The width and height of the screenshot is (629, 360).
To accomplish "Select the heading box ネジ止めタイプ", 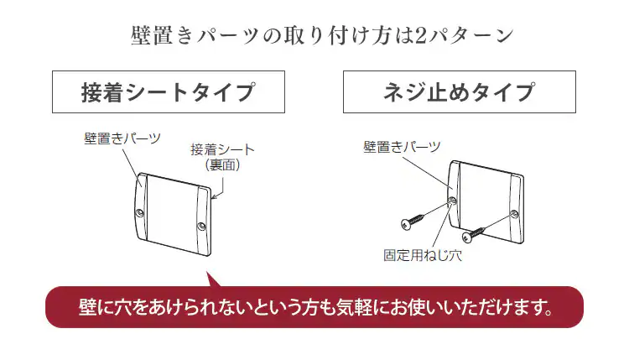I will (x=459, y=91).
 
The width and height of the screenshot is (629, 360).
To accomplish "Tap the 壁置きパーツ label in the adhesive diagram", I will (x=122, y=138).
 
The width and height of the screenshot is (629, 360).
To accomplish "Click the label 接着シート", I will (x=222, y=150).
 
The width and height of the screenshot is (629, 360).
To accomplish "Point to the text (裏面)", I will (x=223, y=165).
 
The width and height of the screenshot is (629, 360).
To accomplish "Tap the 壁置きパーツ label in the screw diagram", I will (x=402, y=147).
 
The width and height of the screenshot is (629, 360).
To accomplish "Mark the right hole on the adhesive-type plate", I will (x=201, y=227).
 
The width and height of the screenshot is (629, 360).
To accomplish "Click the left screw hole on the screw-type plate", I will (x=453, y=201).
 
